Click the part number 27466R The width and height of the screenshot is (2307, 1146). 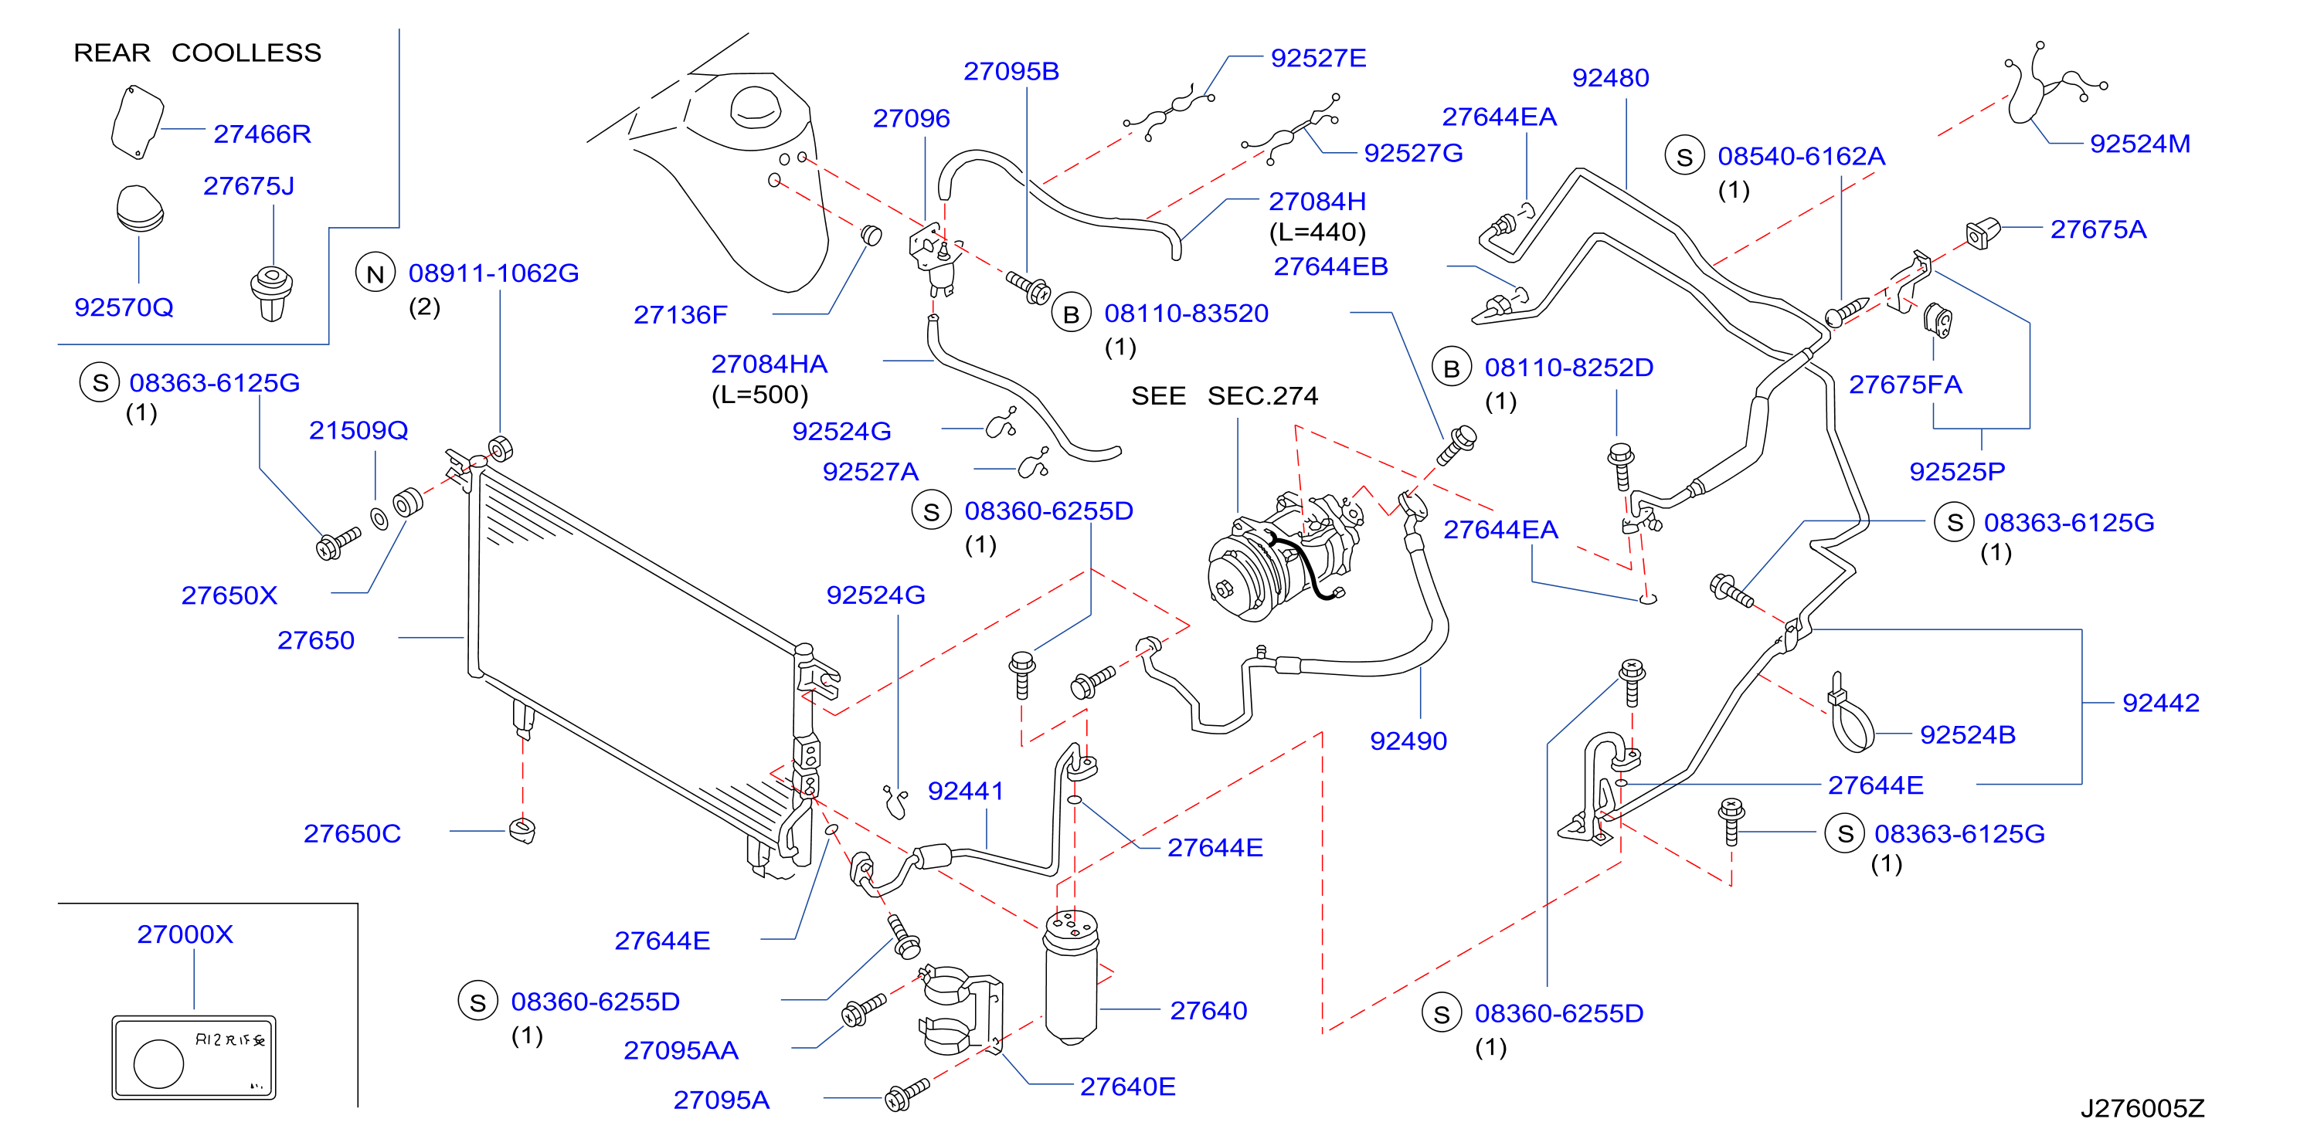(261, 134)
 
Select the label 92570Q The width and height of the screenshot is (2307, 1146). (124, 307)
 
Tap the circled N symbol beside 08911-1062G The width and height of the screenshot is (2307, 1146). (375, 274)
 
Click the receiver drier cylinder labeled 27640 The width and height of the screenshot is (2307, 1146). (1071, 977)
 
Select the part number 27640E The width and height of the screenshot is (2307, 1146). (1127, 1086)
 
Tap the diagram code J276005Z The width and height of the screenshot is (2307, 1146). (2142, 1108)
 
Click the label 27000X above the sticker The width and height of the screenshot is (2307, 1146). (185, 934)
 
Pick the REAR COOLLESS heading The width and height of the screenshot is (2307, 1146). (197, 53)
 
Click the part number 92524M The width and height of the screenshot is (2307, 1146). (2139, 144)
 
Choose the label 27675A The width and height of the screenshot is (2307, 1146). (2098, 229)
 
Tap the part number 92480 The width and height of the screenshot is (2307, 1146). (1610, 78)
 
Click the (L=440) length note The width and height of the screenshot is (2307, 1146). (1317, 232)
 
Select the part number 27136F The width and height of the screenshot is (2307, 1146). (681, 314)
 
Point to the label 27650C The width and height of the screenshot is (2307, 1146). (352, 833)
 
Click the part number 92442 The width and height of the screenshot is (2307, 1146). (2160, 703)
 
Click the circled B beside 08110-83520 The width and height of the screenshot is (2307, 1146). (1071, 314)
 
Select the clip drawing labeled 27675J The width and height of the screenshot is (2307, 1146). (271, 293)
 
